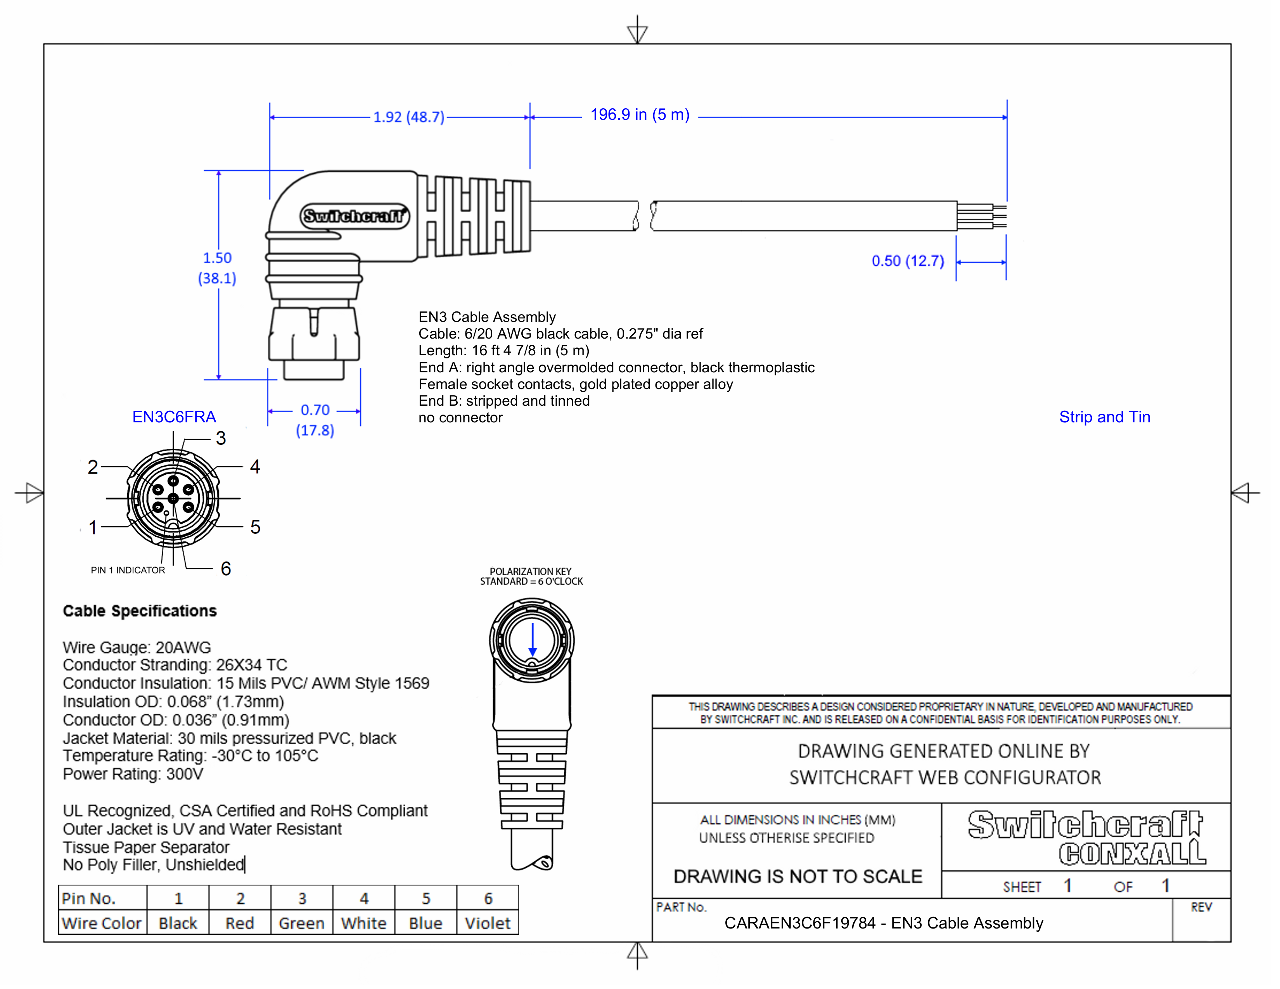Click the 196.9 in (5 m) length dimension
click(639, 115)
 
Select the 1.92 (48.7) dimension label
click(408, 117)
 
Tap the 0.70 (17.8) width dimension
click(315, 420)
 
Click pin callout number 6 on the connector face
click(226, 568)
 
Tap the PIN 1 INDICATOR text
click(128, 570)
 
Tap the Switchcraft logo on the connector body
click(354, 216)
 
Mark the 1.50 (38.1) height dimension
click(217, 268)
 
